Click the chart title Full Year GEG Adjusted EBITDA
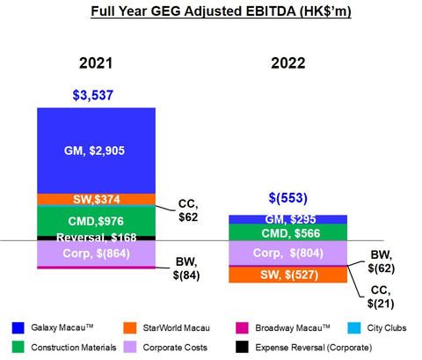(x=221, y=11)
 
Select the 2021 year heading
(x=96, y=63)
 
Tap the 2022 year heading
(x=288, y=63)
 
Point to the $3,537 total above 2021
(x=93, y=95)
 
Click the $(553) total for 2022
(x=288, y=198)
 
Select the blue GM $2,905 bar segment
(x=96, y=151)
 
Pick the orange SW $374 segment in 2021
(x=96, y=200)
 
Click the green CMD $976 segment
(x=96, y=221)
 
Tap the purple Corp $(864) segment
(x=96, y=253)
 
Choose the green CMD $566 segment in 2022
(x=288, y=232)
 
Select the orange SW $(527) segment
(x=288, y=275)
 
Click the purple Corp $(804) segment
(x=288, y=253)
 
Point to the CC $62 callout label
(x=188, y=210)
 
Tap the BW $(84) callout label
(x=186, y=268)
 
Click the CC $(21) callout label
(x=381, y=297)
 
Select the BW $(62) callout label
(x=382, y=261)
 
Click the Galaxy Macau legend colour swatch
(x=18, y=327)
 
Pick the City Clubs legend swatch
(x=353, y=327)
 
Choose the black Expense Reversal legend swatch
(x=242, y=347)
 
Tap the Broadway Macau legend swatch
(x=242, y=327)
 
